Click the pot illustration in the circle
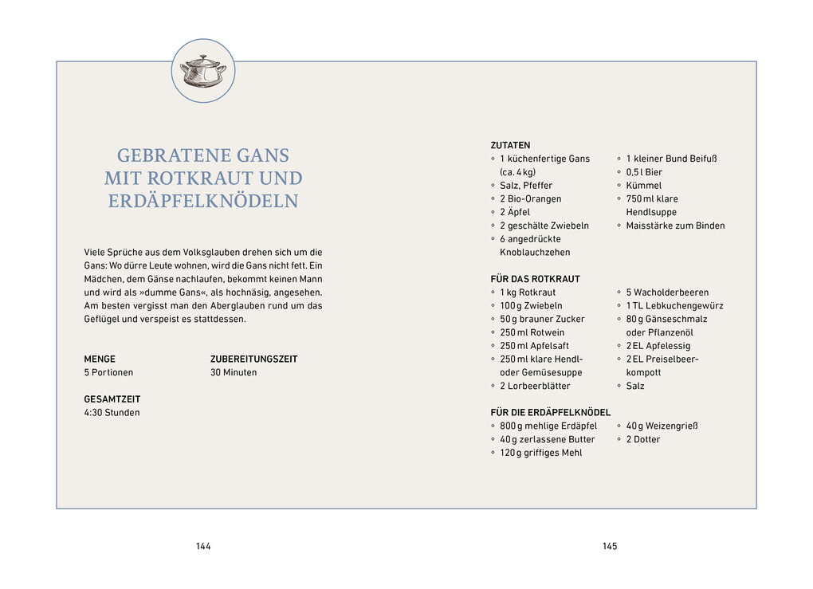click(202, 70)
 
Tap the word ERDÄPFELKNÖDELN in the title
click(203, 201)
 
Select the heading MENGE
click(100, 359)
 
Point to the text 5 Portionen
click(108, 372)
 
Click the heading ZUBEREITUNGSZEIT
click(253, 359)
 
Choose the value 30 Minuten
click(234, 372)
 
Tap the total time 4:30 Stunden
click(112, 413)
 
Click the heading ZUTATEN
click(510, 146)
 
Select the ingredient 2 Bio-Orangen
click(530, 198)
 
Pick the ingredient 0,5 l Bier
click(644, 172)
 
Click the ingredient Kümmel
click(644, 186)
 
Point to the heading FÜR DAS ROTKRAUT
click(535, 279)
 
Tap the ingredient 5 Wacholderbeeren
click(667, 293)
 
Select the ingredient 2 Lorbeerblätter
click(535, 386)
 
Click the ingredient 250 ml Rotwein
click(532, 332)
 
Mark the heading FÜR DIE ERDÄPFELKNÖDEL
click(550, 412)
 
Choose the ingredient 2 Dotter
click(643, 439)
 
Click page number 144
click(203, 546)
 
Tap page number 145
click(610, 546)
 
